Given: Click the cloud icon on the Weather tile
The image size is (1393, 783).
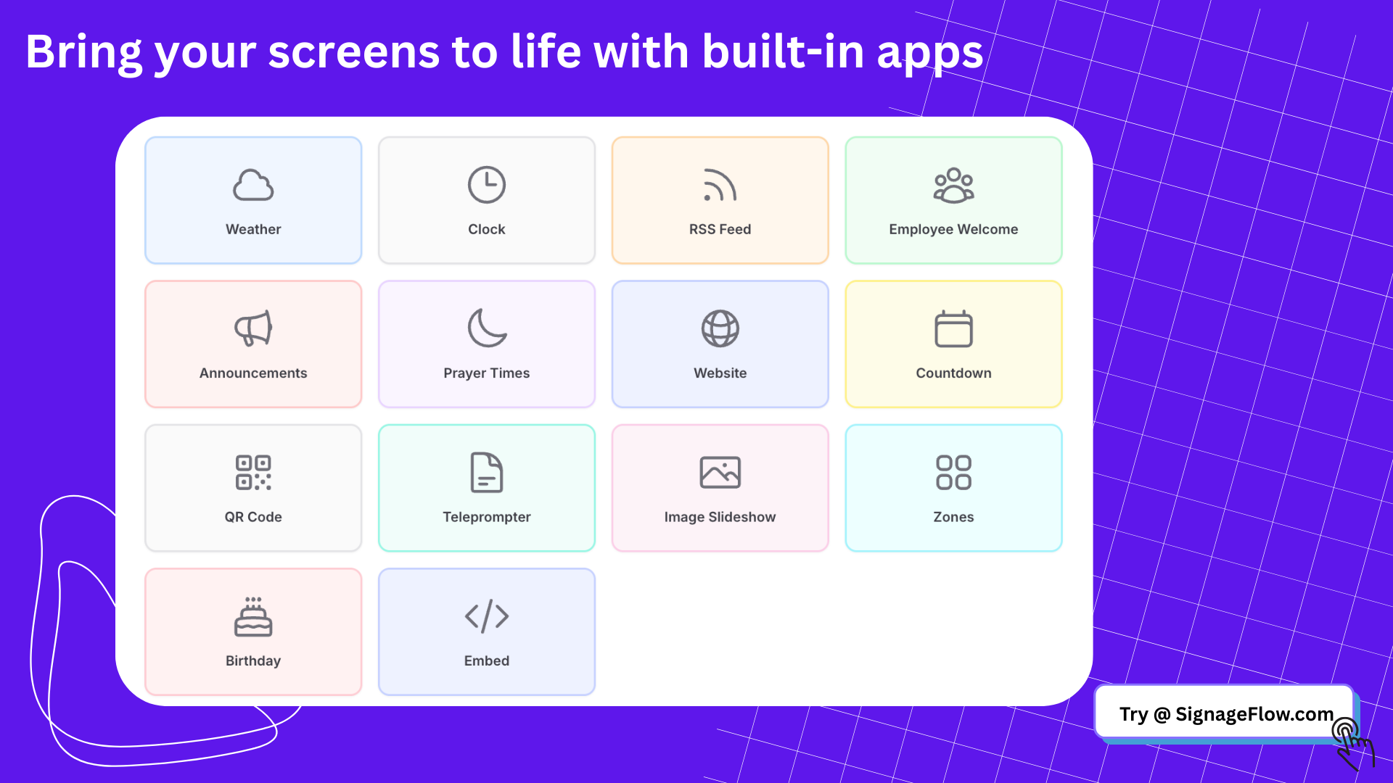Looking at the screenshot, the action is point(253,185).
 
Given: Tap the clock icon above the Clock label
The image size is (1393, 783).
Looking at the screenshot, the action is point(487,185).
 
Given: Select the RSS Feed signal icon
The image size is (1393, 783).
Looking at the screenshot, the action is point(719,185).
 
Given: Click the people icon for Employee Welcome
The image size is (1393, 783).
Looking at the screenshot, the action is point(953,185).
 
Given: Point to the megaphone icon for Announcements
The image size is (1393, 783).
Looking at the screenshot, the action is point(253,328).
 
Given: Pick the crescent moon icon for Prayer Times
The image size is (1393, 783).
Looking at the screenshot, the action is point(487,328).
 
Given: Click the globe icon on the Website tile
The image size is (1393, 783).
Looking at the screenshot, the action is point(720,328).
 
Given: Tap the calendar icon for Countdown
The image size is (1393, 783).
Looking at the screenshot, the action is point(953,328).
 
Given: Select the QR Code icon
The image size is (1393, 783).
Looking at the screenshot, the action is point(253,473).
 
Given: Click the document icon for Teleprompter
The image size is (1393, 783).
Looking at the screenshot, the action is point(487,473).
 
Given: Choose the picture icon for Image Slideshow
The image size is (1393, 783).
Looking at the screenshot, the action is point(720,473).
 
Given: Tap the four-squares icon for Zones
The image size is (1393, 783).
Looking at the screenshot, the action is point(953,473).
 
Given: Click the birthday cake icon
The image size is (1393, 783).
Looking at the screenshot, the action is point(253,617).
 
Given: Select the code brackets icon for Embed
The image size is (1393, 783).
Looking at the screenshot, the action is point(487,616).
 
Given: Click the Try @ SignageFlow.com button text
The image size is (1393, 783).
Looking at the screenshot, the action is point(1226,715).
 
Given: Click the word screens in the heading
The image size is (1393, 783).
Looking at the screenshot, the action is point(354,52).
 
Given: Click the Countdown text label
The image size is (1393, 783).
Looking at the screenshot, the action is point(953,373).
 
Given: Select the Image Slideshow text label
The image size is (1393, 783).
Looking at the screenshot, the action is point(720,517).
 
